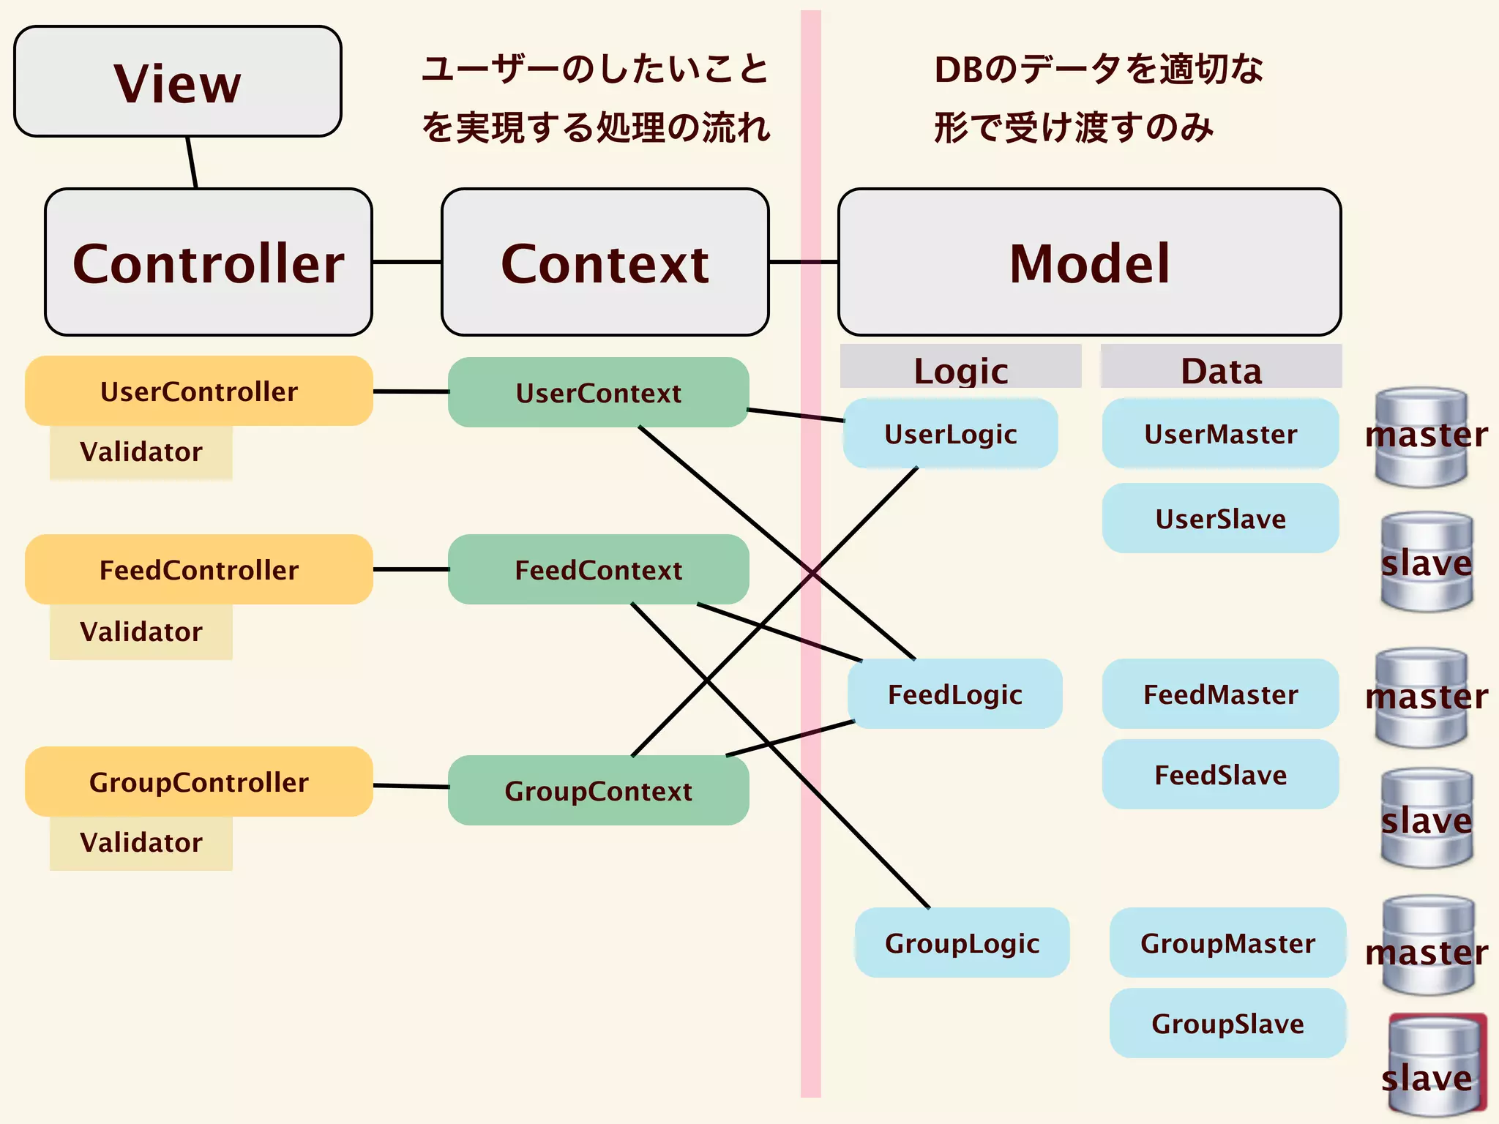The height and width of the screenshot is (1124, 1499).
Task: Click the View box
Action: pyautogui.click(x=178, y=81)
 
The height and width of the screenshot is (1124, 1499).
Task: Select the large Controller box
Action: pyautogui.click(x=209, y=263)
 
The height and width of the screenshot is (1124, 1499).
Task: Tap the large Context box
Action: pyautogui.click(x=605, y=263)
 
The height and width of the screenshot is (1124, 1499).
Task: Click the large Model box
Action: pyautogui.click(x=1089, y=263)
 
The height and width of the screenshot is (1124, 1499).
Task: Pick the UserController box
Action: pyautogui.click(x=199, y=391)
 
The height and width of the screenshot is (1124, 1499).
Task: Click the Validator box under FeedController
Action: pyautogui.click(x=141, y=632)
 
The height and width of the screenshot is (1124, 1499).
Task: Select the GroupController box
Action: pyautogui.click(x=199, y=782)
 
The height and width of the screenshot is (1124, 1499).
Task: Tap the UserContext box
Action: pyautogui.click(x=598, y=393)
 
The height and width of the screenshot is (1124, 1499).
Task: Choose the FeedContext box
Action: pyautogui.click(x=598, y=569)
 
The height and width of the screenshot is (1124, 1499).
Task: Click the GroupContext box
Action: pyautogui.click(x=598, y=790)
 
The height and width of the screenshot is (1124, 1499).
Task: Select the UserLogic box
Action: pyautogui.click(x=950, y=433)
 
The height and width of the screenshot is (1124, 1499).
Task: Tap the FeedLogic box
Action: pyautogui.click(x=954, y=694)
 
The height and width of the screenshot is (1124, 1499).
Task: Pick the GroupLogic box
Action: pyautogui.click(x=962, y=943)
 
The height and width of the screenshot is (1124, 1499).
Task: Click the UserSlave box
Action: pyautogui.click(x=1220, y=518)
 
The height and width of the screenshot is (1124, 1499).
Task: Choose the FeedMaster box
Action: pyautogui.click(x=1220, y=694)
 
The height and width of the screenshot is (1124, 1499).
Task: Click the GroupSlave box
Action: pyautogui.click(x=1227, y=1023)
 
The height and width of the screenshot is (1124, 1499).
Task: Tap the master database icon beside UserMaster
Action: pyautogui.click(x=1421, y=438)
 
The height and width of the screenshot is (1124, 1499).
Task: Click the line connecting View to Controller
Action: pyautogui.click(x=192, y=162)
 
